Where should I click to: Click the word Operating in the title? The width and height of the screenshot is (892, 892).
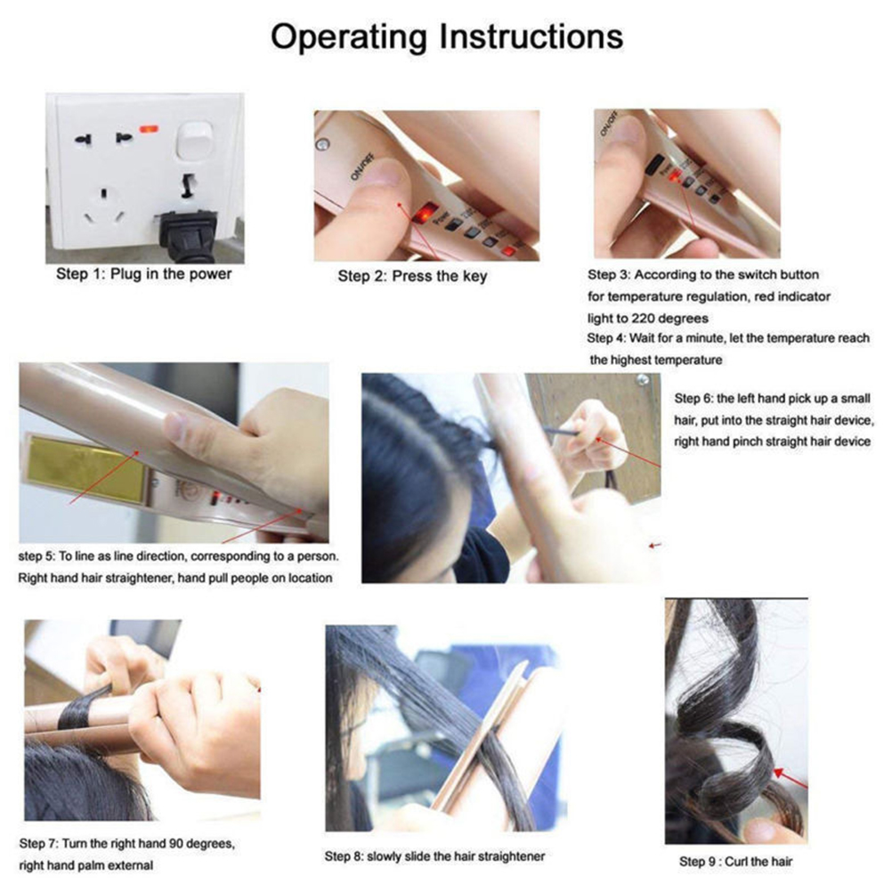[x=349, y=38]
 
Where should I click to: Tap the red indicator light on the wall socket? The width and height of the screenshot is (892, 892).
[x=149, y=130]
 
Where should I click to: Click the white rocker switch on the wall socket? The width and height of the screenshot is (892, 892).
[x=194, y=140]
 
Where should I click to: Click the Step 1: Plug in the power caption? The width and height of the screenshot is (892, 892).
[x=144, y=274]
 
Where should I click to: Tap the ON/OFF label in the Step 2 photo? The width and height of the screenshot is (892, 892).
[x=361, y=166]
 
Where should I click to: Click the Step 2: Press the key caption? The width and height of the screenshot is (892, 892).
[x=412, y=277]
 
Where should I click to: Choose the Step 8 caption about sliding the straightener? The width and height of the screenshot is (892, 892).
[x=434, y=856]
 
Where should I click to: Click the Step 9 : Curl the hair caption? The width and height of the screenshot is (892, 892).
[x=735, y=861]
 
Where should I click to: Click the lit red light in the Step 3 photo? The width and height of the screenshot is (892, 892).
[x=675, y=177]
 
